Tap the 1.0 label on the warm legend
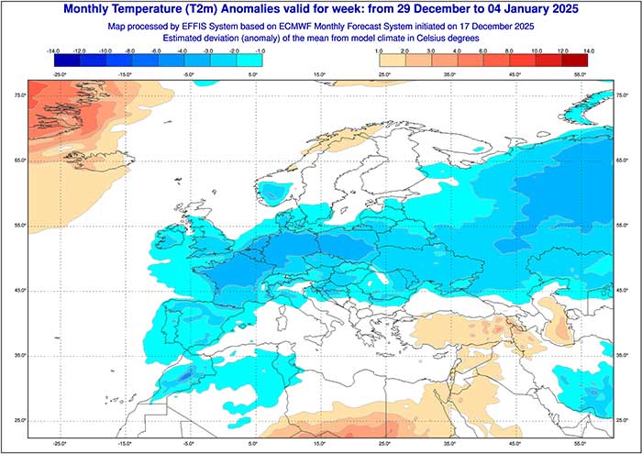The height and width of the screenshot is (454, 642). (x=377, y=52)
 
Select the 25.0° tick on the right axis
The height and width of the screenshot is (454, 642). (x=623, y=420)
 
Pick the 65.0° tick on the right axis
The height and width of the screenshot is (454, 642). (x=623, y=161)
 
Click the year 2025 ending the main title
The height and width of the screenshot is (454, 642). (x=559, y=9)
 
